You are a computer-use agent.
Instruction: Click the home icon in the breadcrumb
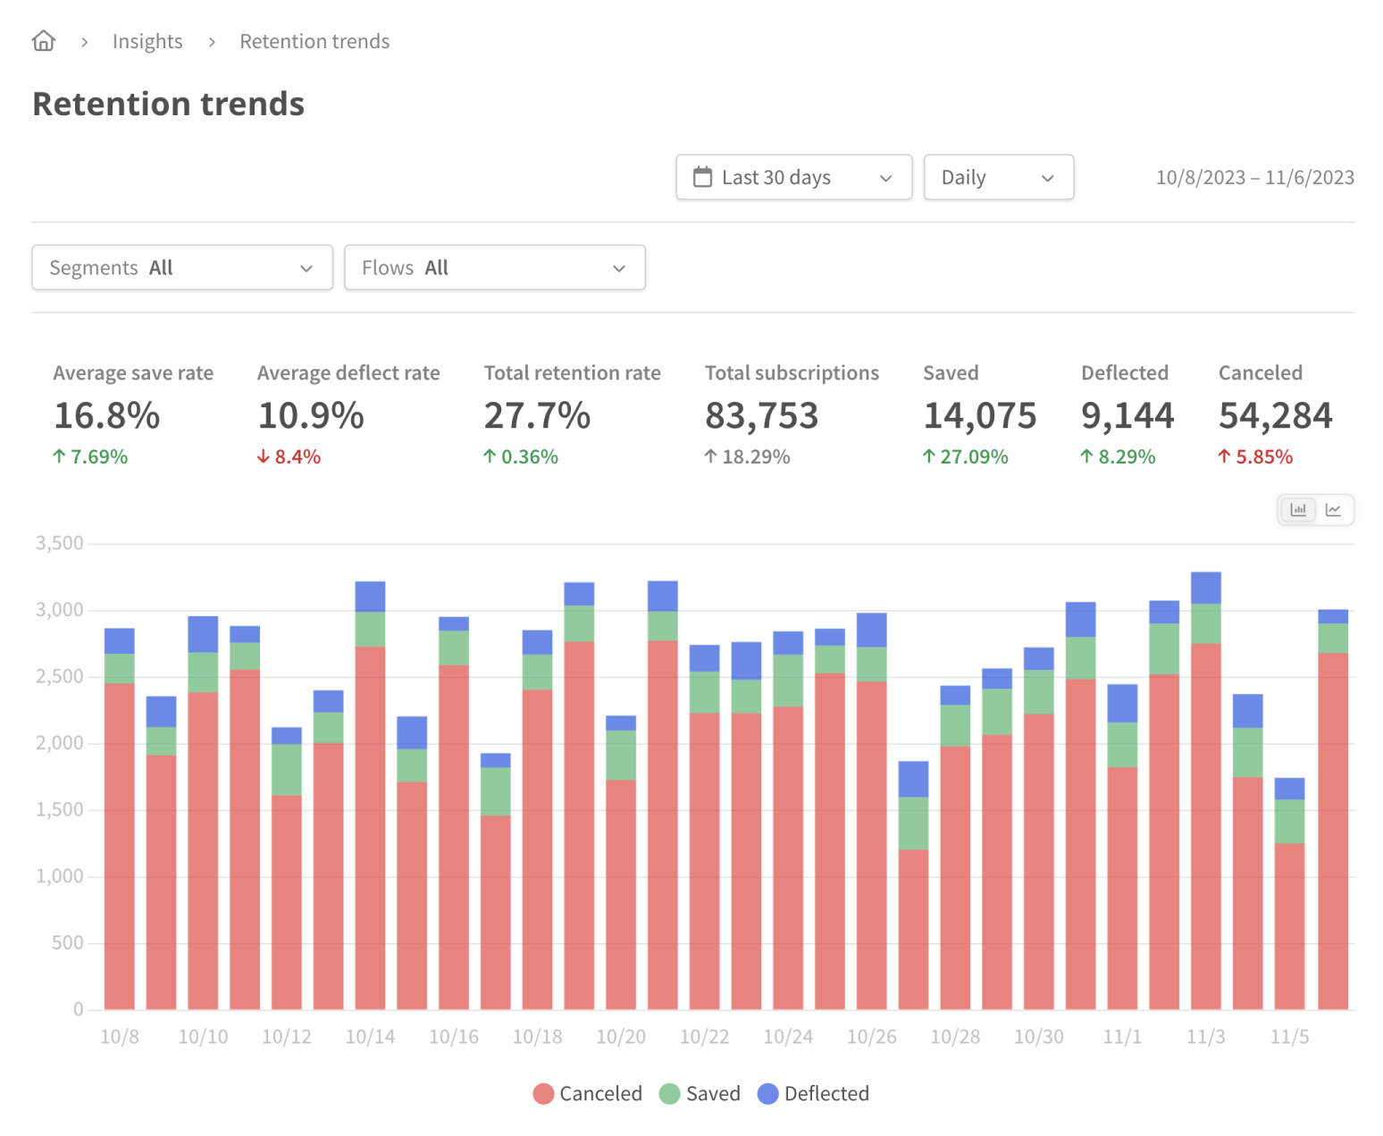point(44,41)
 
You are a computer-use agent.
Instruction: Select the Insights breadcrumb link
point(147,41)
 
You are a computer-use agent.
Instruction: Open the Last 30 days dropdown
point(793,177)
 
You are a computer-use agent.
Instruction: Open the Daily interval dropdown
point(998,177)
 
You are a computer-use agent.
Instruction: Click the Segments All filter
point(182,268)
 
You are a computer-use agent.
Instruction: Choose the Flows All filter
point(494,268)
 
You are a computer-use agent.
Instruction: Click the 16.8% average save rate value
point(107,415)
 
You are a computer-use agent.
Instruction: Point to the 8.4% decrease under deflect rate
point(289,456)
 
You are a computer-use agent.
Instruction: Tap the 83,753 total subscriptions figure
point(761,415)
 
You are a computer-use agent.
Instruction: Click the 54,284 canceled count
point(1275,415)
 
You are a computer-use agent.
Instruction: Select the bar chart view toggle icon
point(1298,510)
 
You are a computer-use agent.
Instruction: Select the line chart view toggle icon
point(1333,510)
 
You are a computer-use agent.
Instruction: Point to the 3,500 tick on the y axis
point(59,543)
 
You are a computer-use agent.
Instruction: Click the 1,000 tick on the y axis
point(59,876)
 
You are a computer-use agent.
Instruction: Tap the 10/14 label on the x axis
point(370,1037)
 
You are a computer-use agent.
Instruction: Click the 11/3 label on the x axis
point(1205,1037)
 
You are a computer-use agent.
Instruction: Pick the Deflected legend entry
point(814,1093)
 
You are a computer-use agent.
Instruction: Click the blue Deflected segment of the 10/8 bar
point(120,641)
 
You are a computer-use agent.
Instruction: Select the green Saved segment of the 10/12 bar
point(287,769)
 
